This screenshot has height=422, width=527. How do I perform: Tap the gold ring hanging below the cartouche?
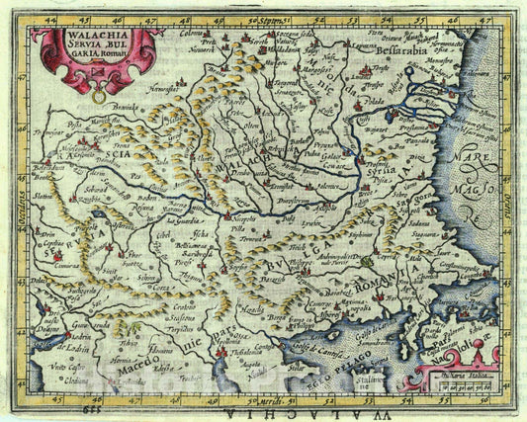click(x=97, y=97)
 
